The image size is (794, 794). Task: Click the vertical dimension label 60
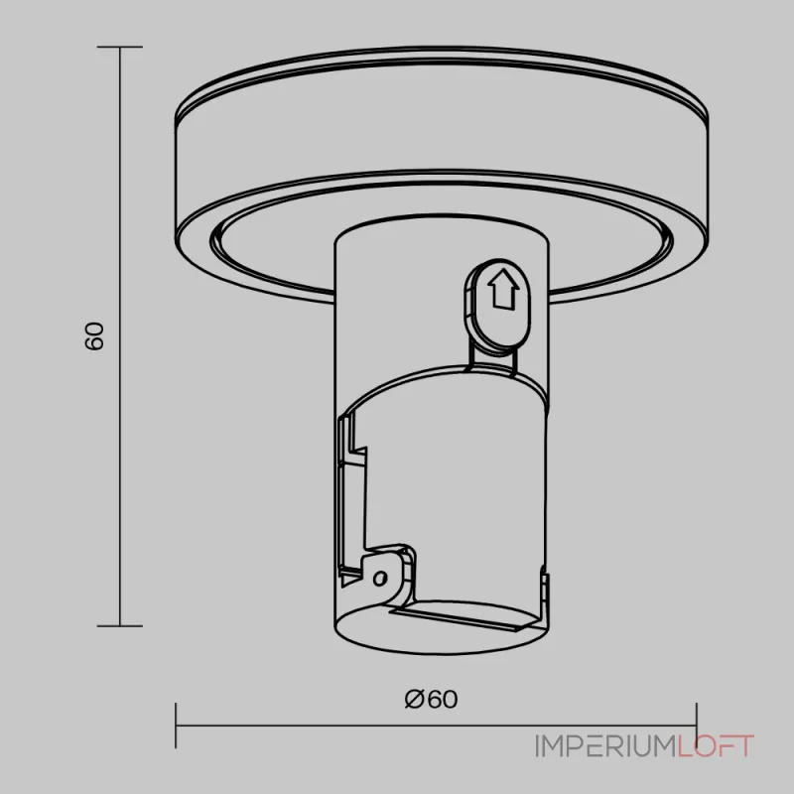(x=94, y=335)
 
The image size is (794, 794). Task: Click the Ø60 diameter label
(x=432, y=700)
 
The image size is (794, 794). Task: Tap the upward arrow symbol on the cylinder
(x=503, y=289)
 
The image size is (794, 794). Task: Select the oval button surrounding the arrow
(x=497, y=304)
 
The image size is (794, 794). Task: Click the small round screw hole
(x=380, y=578)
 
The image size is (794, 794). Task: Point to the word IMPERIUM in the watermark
(x=606, y=746)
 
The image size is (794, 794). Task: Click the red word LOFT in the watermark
(x=716, y=746)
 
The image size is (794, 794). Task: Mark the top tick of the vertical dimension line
(x=119, y=47)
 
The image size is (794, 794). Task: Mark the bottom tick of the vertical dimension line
(x=119, y=626)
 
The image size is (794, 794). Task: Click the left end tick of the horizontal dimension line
(x=176, y=726)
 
